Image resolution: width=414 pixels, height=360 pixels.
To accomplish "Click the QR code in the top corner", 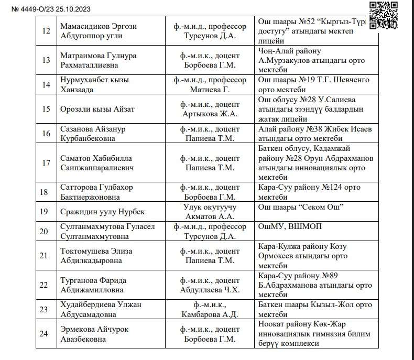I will coord(390,15).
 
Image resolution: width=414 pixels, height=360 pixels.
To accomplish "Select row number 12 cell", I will coord(45,30).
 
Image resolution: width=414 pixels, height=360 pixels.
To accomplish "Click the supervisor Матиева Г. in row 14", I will coord(212,90).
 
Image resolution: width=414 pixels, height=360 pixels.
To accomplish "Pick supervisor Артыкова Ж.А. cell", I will coord(212,109).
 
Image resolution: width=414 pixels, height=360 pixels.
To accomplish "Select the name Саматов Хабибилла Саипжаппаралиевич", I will coord(97,163).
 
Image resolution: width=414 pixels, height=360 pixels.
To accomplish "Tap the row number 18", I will coord(45,192).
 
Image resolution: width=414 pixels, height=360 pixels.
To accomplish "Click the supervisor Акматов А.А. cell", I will coord(212,212).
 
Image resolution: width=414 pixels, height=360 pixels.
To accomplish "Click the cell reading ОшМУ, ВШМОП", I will coord(290,226).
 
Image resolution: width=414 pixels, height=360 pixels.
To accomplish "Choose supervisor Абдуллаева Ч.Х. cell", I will coord(212,285).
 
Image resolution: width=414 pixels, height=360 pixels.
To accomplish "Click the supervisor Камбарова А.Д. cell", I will coord(212,310).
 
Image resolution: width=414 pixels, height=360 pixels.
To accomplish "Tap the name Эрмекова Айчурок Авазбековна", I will coord(95,334).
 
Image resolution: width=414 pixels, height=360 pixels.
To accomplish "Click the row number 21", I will coord(45,256).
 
